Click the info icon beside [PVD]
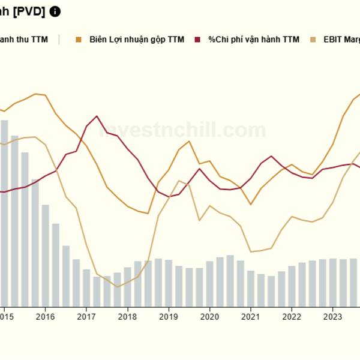coord(55,11)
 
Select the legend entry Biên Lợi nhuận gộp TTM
coord(136,40)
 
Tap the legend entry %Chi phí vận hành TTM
coord(253,40)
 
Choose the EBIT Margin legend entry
coord(340,40)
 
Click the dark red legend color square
coord(199,40)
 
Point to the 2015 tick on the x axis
coord(6,317)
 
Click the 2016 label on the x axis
coord(46,317)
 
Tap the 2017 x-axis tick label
coord(87,317)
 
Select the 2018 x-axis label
coord(128,317)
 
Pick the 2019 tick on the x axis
coord(169,317)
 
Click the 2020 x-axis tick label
coord(209,317)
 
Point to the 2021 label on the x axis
coord(250,317)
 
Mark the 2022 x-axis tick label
coord(292,317)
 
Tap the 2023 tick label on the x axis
coord(332,317)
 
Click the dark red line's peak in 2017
coord(97,116)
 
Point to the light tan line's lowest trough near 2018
coord(117,287)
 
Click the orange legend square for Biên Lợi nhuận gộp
coord(79,40)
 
